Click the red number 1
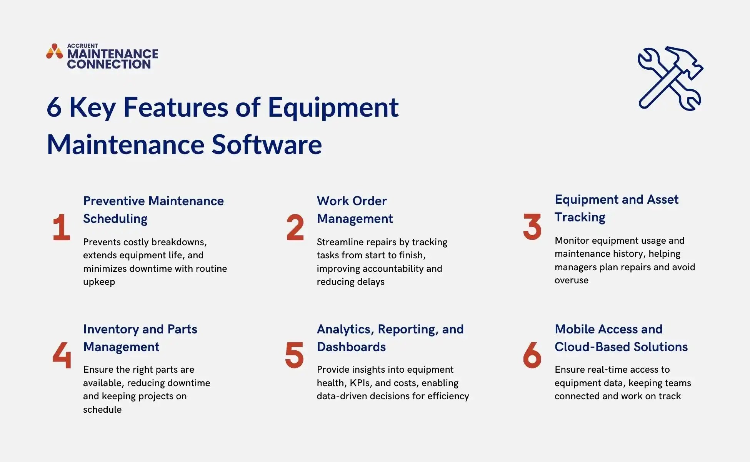tap(62, 227)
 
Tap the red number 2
tap(295, 227)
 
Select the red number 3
tap(532, 227)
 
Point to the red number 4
tap(62, 355)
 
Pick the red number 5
tap(294, 355)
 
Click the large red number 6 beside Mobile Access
tap(532, 355)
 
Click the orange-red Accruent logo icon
tap(54, 52)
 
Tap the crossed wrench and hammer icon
tap(670, 79)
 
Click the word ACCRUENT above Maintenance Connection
tap(82, 45)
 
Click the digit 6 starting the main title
tap(54, 107)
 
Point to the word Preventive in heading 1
tap(114, 201)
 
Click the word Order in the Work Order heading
tap(368, 201)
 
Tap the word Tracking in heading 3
tap(580, 217)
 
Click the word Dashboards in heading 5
tap(351, 347)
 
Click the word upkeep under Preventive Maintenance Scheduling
tap(99, 282)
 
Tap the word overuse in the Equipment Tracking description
tap(571, 280)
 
